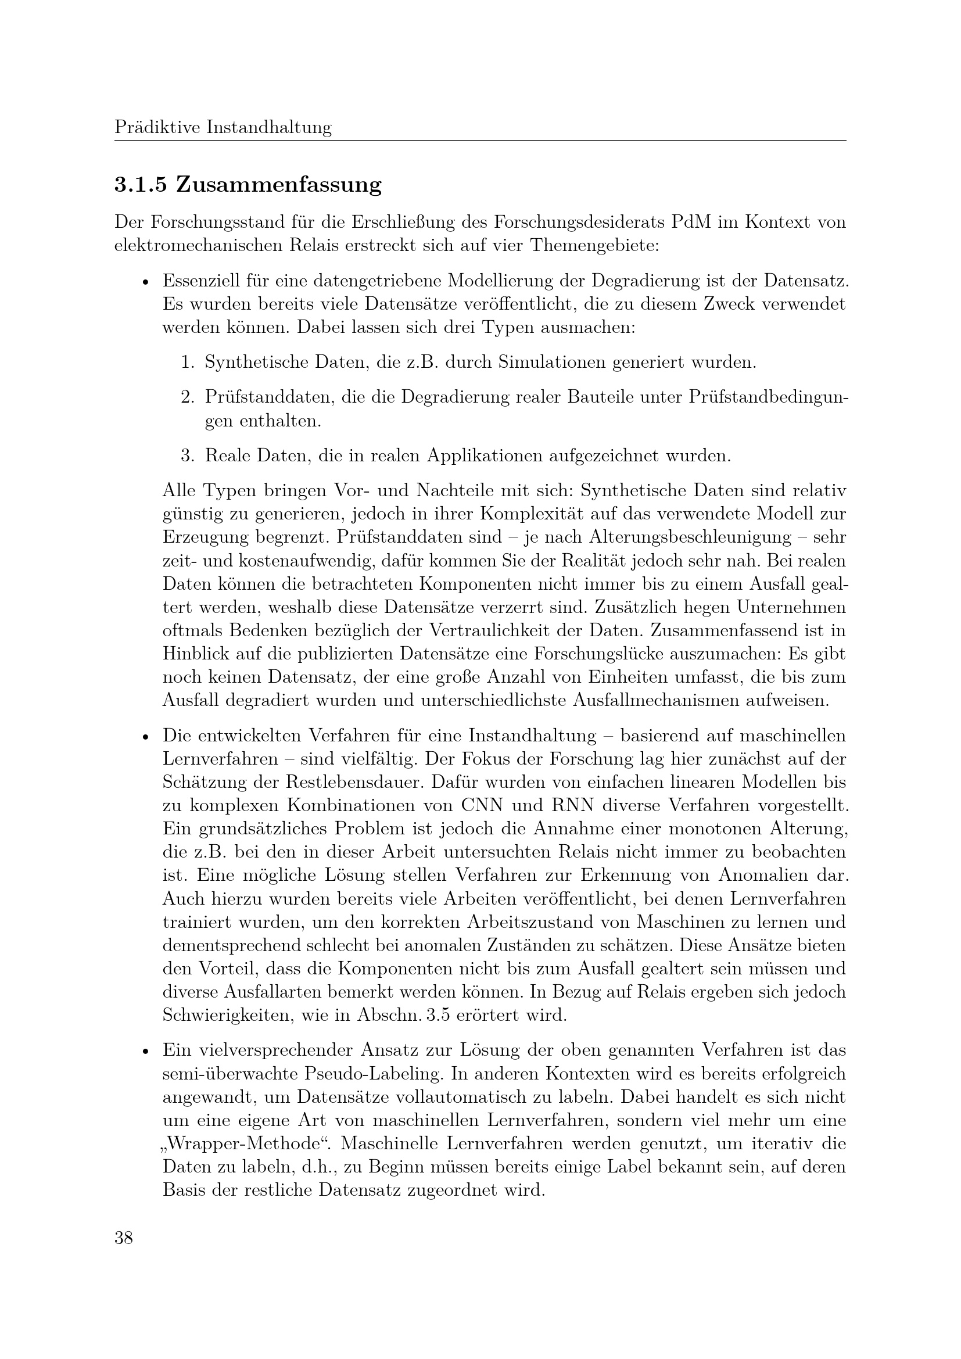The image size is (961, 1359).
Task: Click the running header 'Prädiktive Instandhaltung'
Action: coord(223,127)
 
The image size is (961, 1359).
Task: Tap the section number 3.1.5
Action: coord(140,185)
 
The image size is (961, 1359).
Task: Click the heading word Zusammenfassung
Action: coord(279,185)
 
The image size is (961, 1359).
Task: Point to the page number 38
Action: coord(124,1238)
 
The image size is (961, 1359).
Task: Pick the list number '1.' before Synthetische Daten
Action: coord(188,361)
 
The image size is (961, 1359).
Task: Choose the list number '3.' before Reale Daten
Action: coord(188,455)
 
